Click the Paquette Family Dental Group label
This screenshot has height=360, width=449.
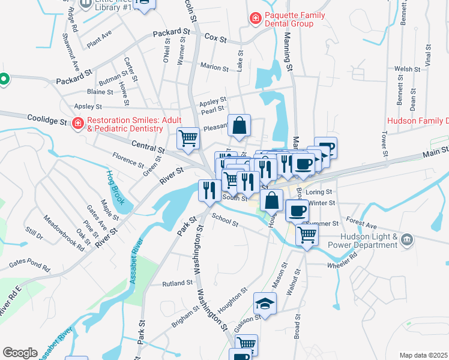288,19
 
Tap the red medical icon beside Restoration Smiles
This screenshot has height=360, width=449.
77,124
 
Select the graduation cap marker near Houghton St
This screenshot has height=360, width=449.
265,304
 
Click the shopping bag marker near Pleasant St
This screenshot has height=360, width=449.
239,126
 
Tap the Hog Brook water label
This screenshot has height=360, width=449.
114,187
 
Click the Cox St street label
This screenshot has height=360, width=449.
215,38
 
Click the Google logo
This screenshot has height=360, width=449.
20,353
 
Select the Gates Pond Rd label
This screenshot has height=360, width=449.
29,265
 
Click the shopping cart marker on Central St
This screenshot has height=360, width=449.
188,139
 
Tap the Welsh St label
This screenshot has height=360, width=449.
408,70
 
